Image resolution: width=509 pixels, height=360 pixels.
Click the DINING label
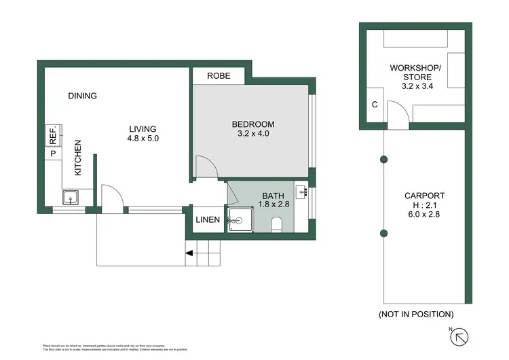point(82,96)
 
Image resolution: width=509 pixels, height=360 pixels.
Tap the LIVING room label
point(143,129)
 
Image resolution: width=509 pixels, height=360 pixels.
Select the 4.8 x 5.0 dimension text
point(143,139)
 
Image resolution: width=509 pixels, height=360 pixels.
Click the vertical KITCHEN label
point(78,158)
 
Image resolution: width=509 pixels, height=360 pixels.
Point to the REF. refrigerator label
point(52,135)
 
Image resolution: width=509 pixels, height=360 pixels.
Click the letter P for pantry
point(52,154)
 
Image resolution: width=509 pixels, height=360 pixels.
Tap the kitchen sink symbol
point(71,198)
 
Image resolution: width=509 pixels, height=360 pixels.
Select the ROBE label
point(219,76)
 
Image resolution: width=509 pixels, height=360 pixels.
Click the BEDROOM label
point(252,124)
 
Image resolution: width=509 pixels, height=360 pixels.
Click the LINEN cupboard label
point(208,219)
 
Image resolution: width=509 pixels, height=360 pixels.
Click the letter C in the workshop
point(374,105)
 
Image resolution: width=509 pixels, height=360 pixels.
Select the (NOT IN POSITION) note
point(415,314)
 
